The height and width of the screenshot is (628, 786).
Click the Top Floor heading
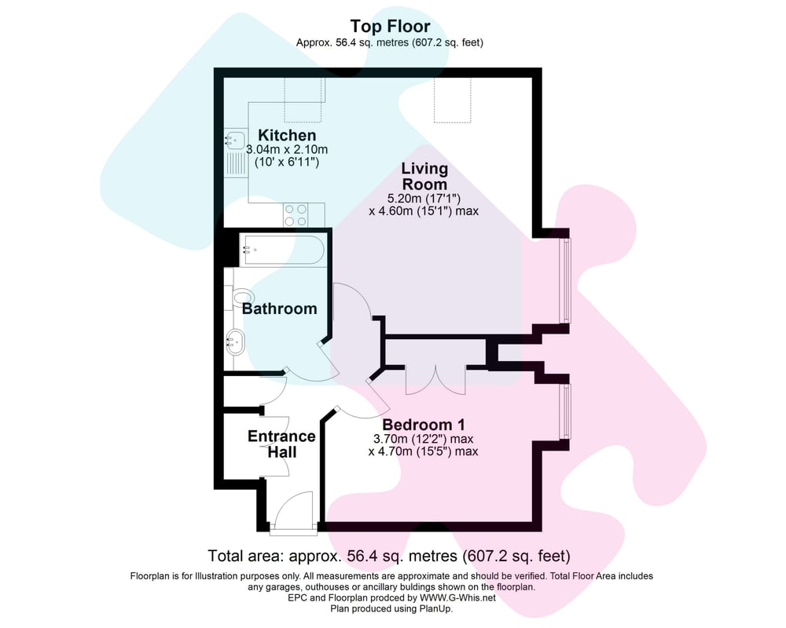(x=390, y=26)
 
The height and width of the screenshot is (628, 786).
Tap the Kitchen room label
(x=287, y=135)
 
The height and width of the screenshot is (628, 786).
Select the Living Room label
(x=424, y=177)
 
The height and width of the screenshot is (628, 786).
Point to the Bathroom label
(x=279, y=309)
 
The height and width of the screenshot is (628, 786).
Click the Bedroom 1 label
(x=424, y=425)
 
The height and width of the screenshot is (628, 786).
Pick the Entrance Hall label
(x=281, y=444)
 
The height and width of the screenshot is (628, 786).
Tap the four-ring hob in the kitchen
(x=296, y=215)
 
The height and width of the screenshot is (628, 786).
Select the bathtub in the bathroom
(x=282, y=250)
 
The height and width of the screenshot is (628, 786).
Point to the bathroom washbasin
(x=235, y=342)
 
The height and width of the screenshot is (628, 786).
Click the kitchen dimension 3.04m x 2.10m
(x=287, y=149)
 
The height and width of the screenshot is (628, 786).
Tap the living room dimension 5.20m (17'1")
(x=424, y=199)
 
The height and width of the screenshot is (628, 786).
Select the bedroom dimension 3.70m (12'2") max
(x=424, y=439)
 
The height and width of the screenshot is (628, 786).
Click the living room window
(x=567, y=280)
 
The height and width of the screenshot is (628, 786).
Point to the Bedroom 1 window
(x=567, y=411)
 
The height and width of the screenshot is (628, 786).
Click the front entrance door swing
(x=294, y=511)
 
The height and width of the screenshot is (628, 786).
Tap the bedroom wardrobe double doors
(x=435, y=381)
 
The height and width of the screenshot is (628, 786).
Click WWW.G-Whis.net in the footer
(x=457, y=598)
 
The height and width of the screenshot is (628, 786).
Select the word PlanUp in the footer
(x=437, y=609)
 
